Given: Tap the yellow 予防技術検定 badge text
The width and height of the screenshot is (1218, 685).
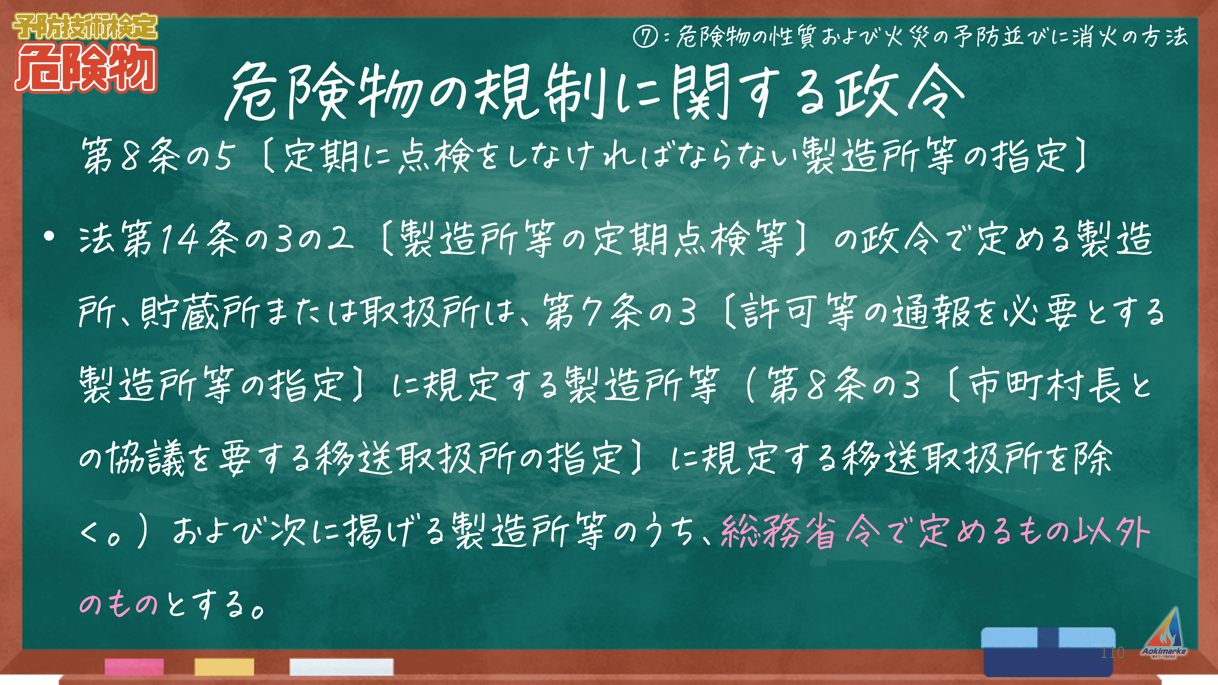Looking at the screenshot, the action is click(85, 27).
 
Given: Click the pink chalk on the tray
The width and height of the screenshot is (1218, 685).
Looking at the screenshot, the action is click(134, 666).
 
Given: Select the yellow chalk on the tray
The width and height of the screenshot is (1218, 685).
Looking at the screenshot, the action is click(224, 666).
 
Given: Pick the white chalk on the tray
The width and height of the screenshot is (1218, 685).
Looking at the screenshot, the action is click(341, 666).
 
